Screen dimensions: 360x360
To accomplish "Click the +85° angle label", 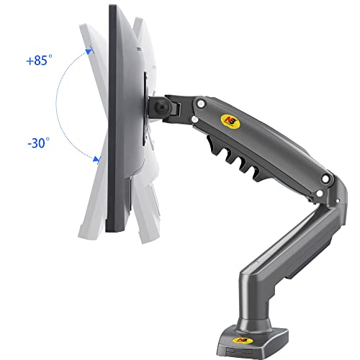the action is pos(39,60).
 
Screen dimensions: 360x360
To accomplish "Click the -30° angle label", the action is pos(39,143).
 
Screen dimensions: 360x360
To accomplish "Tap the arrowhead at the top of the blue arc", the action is pos(89,51).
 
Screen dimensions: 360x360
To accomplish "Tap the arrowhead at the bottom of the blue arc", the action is pos(96,159).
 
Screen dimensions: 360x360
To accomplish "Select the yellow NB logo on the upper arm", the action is pos(230,122).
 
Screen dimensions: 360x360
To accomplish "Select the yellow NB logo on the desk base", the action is pos(242,341).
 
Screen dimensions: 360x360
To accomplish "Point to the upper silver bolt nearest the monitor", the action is pos(201,104).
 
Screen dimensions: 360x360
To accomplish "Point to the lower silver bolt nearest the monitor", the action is pos(195,120).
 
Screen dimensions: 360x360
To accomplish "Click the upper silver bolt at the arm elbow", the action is pos(325,179).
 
